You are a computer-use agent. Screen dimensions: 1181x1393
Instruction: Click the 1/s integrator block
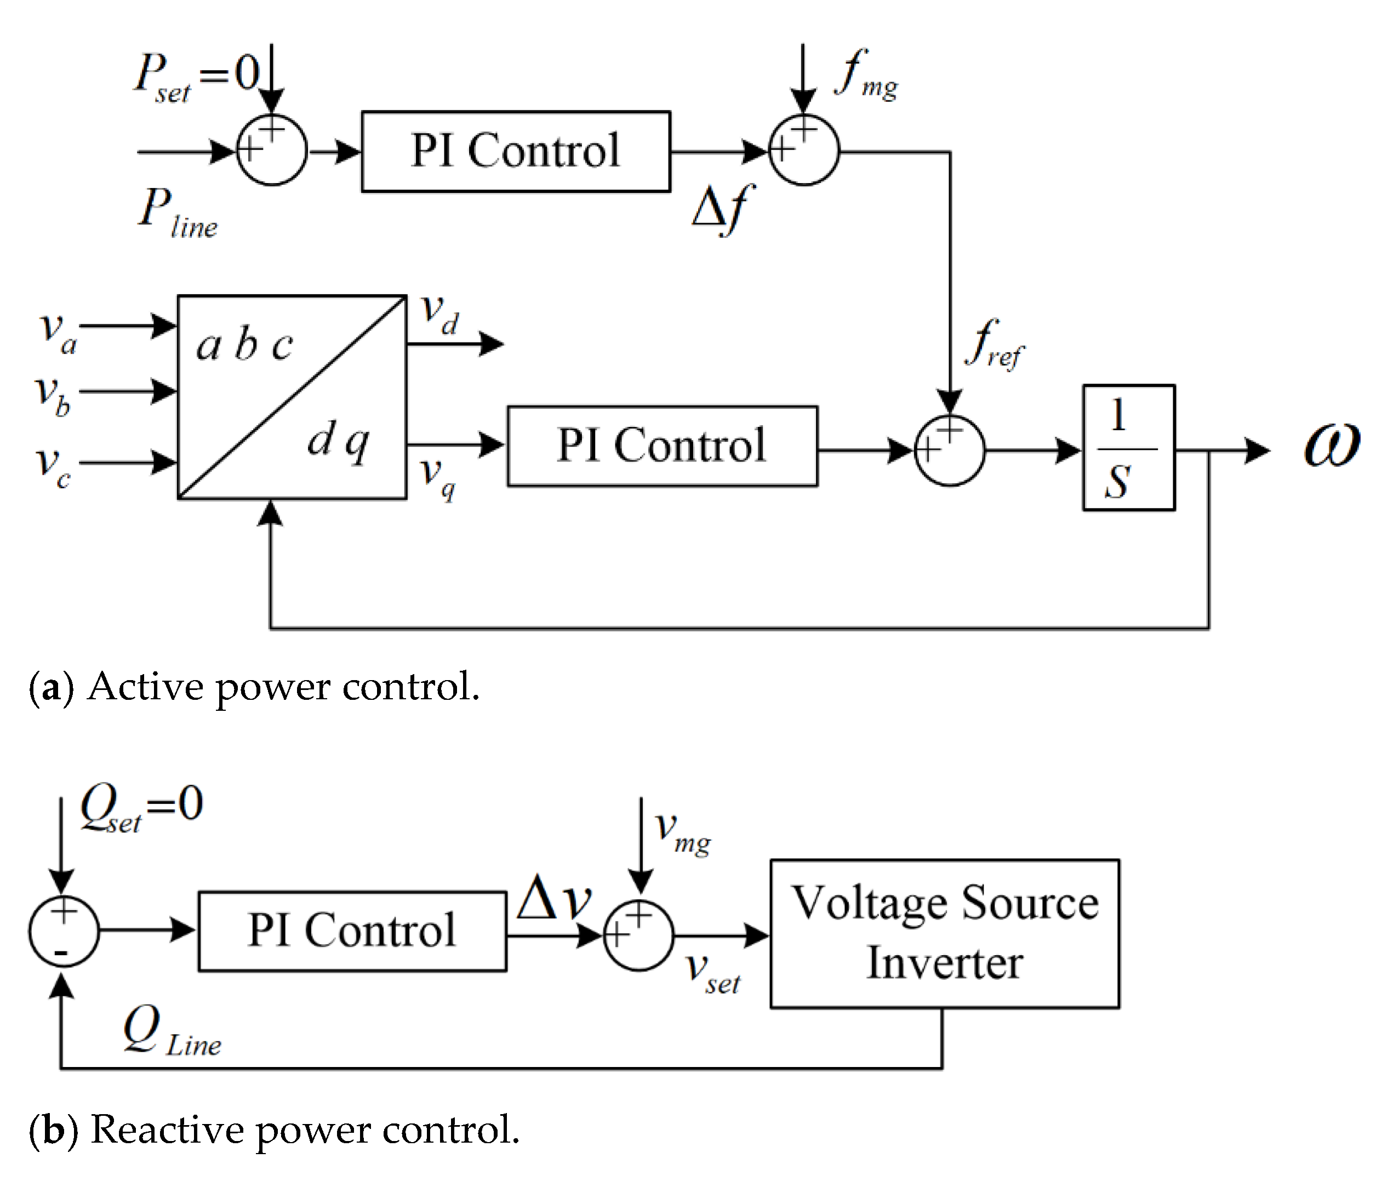tap(1128, 448)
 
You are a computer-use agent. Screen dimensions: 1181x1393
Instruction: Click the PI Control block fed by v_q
tap(661, 446)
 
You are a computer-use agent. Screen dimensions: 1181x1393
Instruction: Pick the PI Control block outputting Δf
tap(516, 151)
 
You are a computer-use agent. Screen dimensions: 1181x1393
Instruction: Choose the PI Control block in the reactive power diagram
tap(352, 931)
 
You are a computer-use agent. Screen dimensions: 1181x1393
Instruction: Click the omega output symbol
tap(1331, 444)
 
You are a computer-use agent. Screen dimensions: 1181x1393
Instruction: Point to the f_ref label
tap(994, 344)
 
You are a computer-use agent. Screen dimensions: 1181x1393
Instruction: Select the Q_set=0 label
tap(141, 807)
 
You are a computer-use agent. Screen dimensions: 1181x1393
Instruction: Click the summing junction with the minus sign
tap(64, 931)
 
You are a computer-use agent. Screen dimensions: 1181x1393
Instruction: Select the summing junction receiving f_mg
tap(803, 150)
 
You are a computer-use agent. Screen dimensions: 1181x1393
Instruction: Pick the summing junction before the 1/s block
tap(949, 450)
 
